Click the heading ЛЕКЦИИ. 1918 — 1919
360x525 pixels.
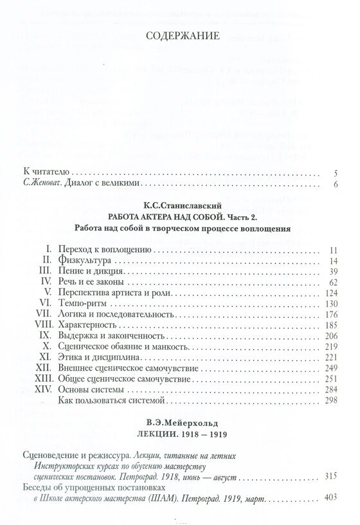click(179, 432)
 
